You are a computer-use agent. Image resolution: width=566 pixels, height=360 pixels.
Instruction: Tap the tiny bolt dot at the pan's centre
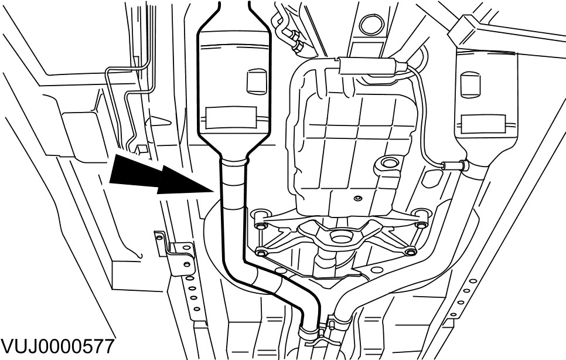[x=356, y=198]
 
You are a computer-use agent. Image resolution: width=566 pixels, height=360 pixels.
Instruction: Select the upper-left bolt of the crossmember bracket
[x=260, y=223]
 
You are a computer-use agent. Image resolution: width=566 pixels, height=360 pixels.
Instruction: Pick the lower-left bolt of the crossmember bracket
[x=261, y=253]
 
